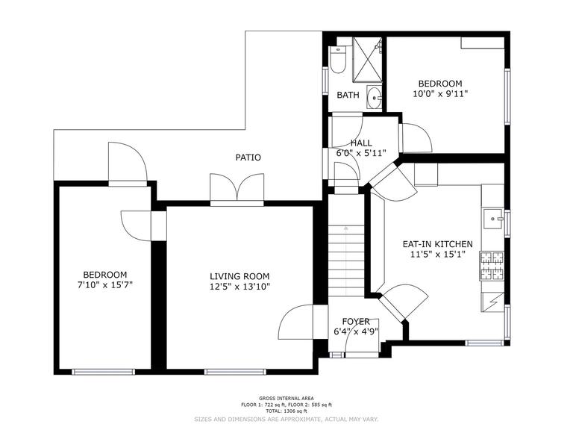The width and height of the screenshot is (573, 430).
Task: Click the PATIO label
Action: [x=248, y=158]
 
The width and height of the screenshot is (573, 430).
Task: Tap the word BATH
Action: [x=348, y=95]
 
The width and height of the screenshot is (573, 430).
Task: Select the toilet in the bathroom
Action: [x=337, y=60]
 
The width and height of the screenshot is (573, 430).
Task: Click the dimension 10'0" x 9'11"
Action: [x=440, y=94]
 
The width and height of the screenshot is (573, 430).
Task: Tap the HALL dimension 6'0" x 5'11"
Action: [x=361, y=153]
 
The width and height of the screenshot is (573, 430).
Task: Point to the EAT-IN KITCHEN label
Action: [x=437, y=244]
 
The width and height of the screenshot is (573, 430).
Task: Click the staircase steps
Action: [x=345, y=258]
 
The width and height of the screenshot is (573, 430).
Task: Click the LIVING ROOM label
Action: [x=239, y=275]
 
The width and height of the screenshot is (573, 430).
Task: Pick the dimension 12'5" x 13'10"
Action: [x=239, y=286]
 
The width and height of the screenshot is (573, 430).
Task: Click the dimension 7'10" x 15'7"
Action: [x=104, y=284]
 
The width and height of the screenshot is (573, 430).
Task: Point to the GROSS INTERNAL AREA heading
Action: [x=286, y=399]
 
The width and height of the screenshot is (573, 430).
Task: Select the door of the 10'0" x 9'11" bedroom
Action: [x=412, y=137]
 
